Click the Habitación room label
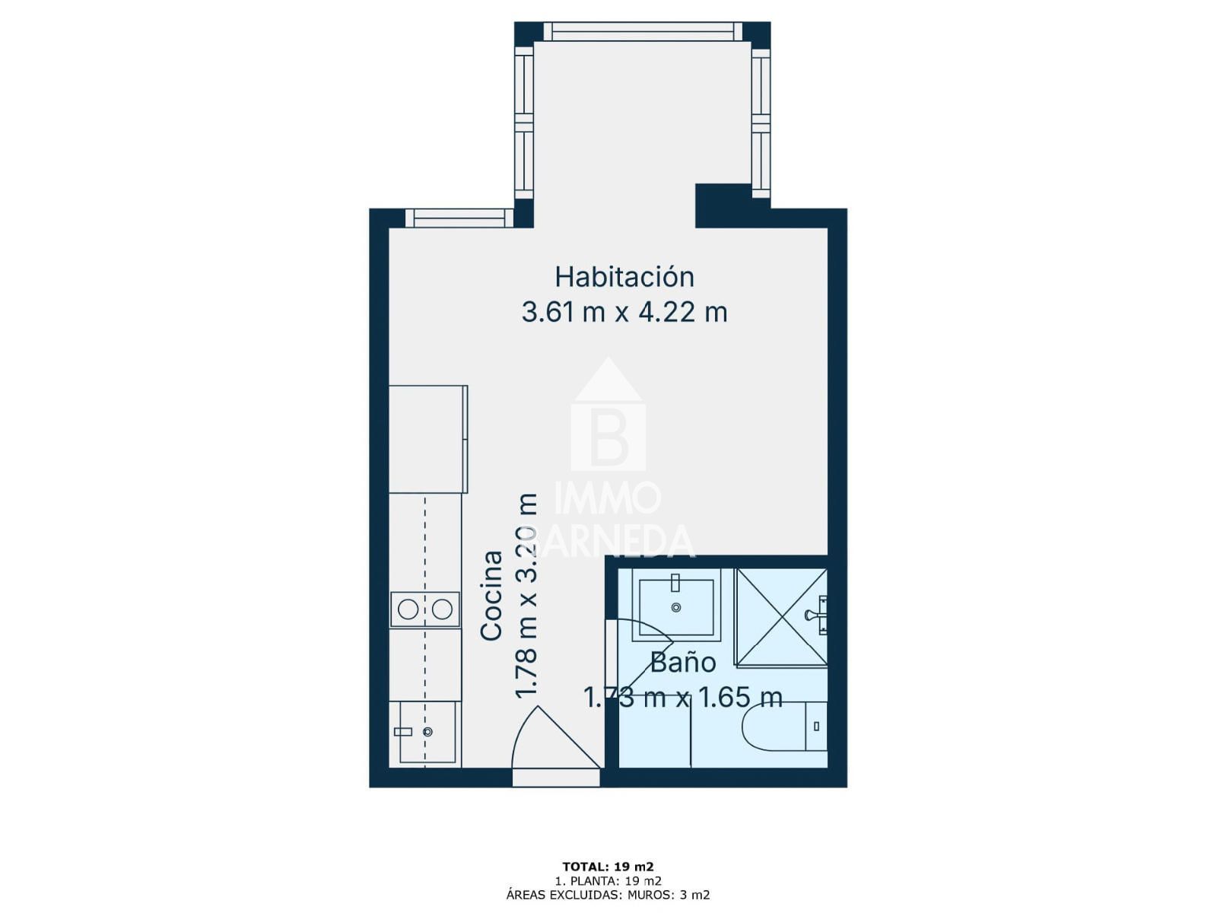click(x=624, y=277)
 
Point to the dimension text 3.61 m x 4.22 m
click(x=624, y=313)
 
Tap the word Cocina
click(x=491, y=596)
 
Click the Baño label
click(x=682, y=662)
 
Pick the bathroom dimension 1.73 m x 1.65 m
click(x=683, y=697)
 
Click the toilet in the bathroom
click(x=783, y=726)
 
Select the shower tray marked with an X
click(x=781, y=616)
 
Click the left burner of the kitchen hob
click(x=408, y=609)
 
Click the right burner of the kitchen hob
click(x=442, y=609)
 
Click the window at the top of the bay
click(x=642, y=31)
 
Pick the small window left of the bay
click(x=459, y=218)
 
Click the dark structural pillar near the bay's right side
click(x=723, y=205)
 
